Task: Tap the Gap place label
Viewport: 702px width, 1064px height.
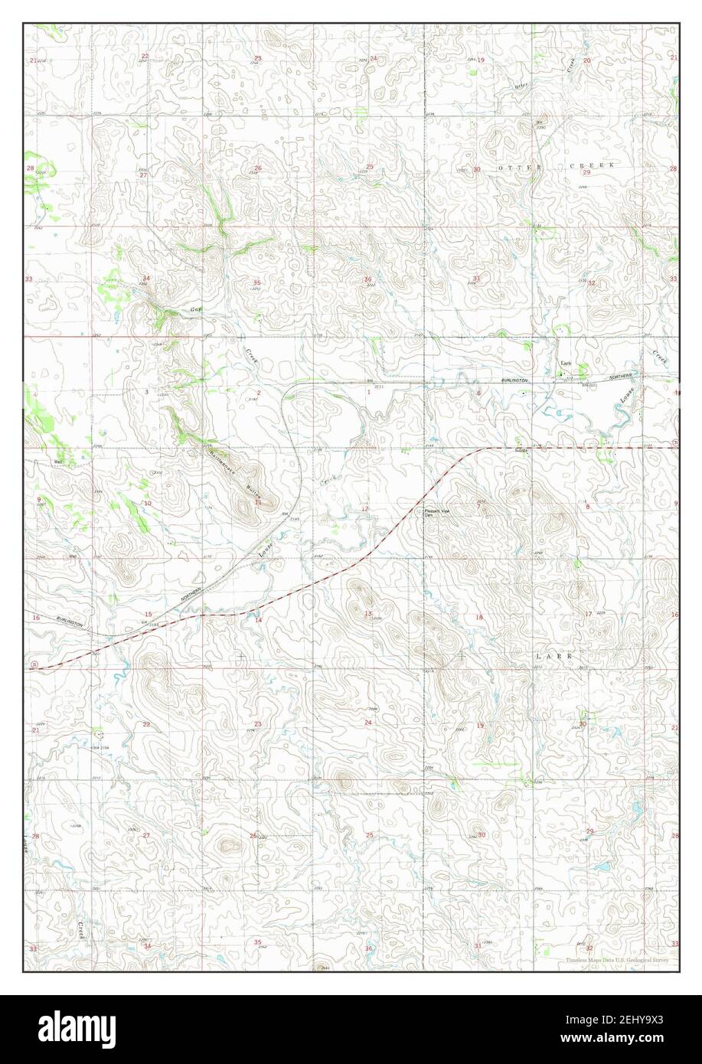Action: [195, 310]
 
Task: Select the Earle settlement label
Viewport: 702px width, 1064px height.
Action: [566, 364]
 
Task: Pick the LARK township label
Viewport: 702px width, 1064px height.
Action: [553, 657]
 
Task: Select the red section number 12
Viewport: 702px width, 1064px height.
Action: [365, 508]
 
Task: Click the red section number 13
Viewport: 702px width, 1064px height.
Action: [367, 614]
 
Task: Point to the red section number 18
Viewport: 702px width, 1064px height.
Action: [480, 617]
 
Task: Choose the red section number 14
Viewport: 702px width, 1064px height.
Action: [259, 619]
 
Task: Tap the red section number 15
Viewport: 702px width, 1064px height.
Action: [148, 615]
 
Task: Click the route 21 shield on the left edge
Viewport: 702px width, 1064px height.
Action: [34, 666]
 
